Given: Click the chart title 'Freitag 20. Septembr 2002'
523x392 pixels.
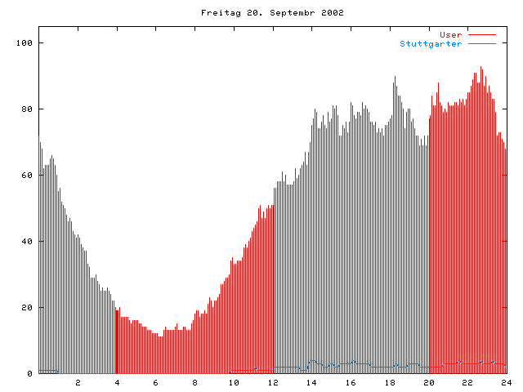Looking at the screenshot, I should tap(272, 13).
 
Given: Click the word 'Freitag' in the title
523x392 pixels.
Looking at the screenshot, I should tap(218, 13).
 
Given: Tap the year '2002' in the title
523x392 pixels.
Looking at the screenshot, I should tap(332, 13).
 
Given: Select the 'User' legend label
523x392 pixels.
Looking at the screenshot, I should tap(451, 34).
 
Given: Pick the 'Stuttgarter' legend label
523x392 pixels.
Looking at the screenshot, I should tap(431, 43).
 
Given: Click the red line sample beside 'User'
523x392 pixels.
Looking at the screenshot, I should tap(482, 34).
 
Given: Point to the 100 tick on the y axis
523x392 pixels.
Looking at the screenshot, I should tap(25, 42).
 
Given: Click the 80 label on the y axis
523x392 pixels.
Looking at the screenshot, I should tap(28, 109).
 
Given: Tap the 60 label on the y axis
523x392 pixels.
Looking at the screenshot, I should tap(28, 175).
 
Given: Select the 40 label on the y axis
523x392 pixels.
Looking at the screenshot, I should tap(28, 242).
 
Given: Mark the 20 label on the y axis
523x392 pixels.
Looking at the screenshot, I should tap(28, 308).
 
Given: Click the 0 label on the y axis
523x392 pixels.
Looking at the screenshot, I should tap(30, 374).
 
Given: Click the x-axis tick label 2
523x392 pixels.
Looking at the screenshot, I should tap(78, 383).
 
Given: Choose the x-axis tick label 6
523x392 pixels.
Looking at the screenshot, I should tap(156, 383).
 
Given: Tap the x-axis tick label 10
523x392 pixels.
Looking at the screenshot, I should tap(234, 383).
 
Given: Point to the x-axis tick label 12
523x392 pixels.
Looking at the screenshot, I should tap(273, 383).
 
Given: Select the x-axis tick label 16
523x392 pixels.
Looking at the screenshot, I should tap(351, 383).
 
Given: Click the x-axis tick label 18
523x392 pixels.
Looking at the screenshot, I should tap(390, 383).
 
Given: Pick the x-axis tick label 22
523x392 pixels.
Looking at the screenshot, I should tap(467, 383).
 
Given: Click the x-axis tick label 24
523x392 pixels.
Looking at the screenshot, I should tap(506, 383).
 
